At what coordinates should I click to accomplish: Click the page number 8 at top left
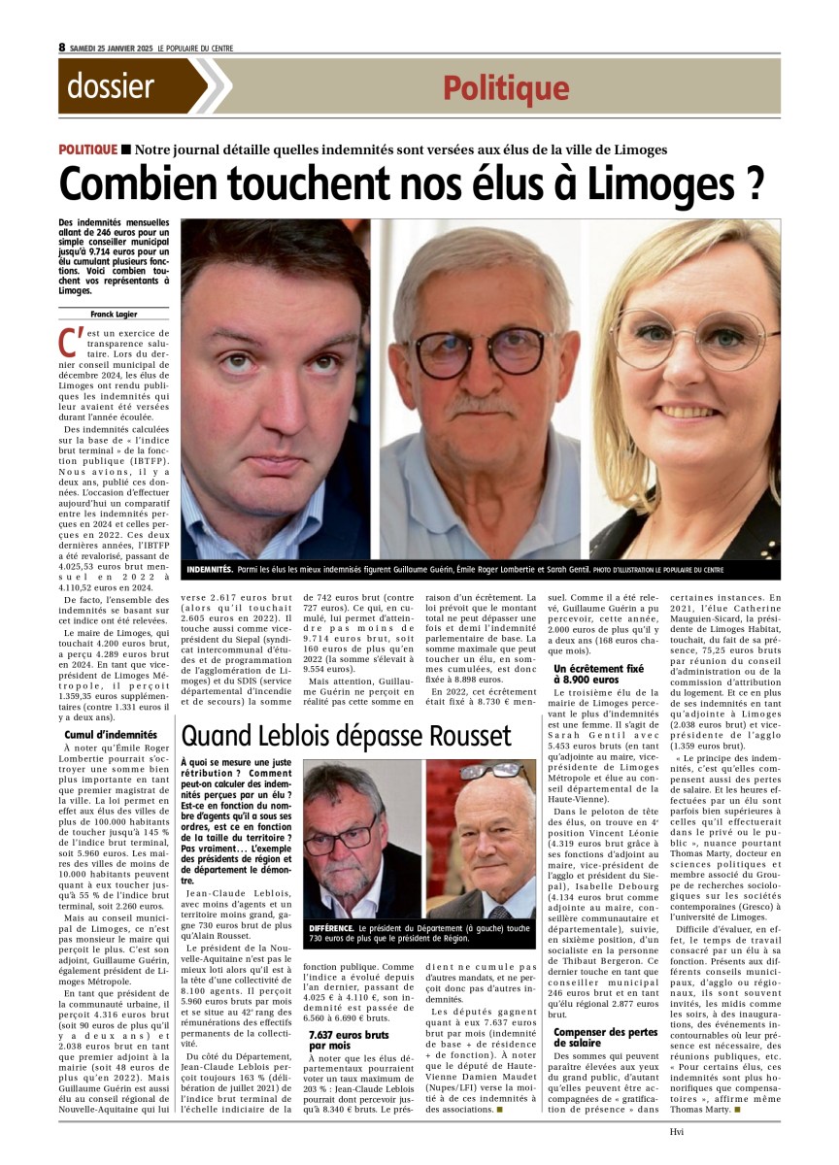coord(62,47)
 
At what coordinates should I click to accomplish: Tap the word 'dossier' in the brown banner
coord(111,86)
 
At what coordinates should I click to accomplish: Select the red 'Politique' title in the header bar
coord(506,88)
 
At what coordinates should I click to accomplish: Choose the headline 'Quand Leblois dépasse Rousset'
coord(347,735)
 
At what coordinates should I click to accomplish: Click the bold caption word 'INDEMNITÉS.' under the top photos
coord(209,568)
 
